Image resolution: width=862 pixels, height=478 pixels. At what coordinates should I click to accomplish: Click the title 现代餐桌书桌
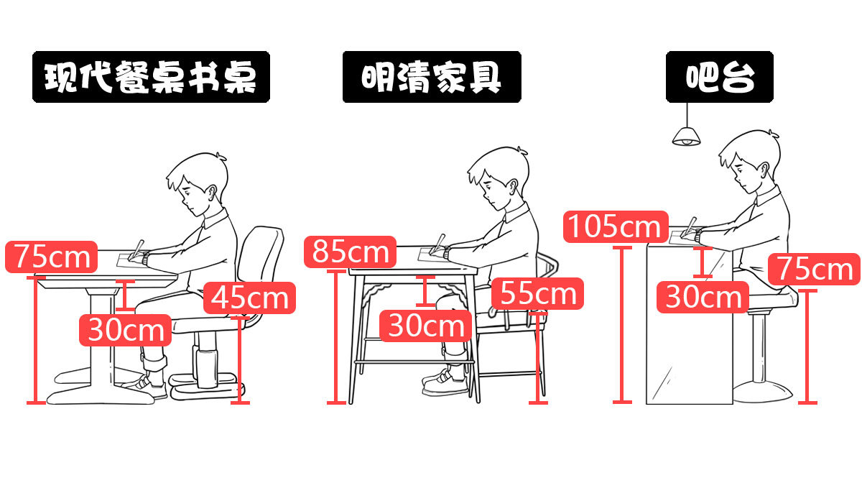point(151,76)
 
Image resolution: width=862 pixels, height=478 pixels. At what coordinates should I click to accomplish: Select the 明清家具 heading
point(431,76)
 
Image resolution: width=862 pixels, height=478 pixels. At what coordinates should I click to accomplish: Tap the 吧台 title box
point(719,76)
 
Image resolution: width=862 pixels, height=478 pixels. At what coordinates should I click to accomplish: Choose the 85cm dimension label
point(351,252)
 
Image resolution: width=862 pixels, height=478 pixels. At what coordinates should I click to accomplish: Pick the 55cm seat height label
point(538,293)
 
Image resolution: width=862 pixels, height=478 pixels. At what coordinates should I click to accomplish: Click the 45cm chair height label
point(250,298)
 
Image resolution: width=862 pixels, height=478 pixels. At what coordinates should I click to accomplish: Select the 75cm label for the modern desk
point(51,256)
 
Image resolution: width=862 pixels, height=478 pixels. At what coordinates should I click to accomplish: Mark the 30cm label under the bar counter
point(703,296)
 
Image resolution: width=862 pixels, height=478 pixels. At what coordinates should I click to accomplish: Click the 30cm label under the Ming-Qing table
point(427,326)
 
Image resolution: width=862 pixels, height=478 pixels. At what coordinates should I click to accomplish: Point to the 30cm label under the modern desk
point(126,330)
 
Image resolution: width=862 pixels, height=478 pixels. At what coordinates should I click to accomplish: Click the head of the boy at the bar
point(750,162)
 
